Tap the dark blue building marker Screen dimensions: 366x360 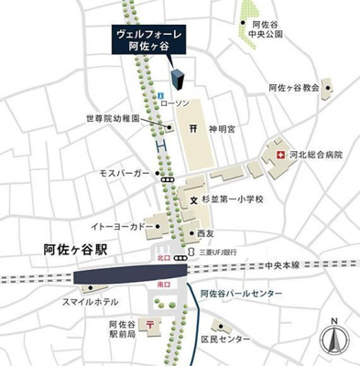(x=176, y=69)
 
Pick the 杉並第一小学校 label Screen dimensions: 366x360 (x=233, y=199)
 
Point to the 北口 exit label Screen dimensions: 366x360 (x=161, y=259)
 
